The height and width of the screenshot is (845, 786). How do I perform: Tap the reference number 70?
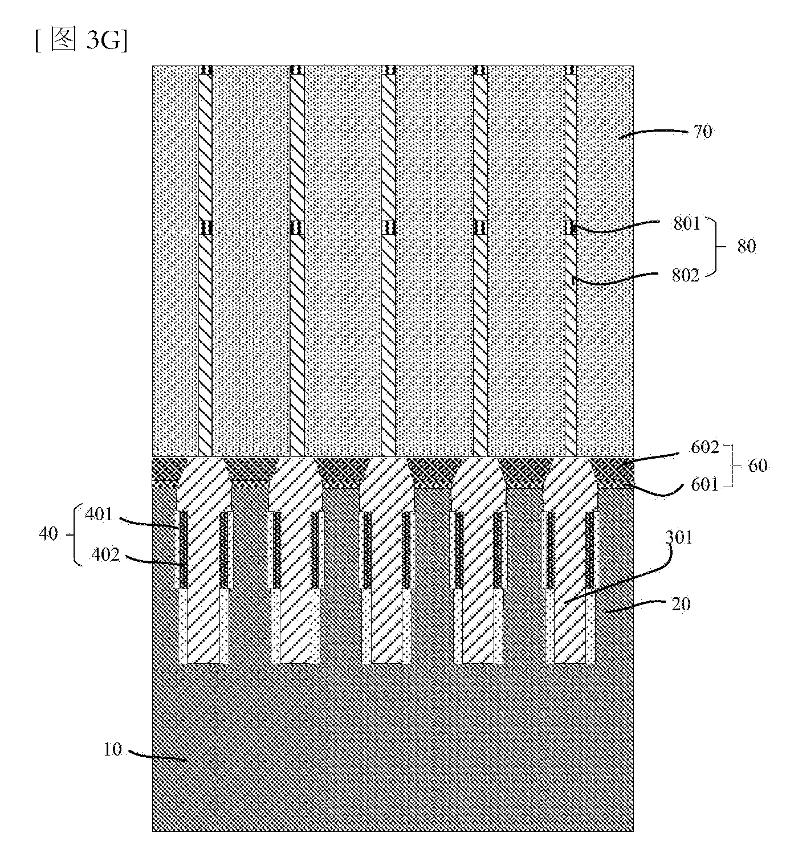coord(702,132)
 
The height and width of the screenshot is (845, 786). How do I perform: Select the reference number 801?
coord(686,224)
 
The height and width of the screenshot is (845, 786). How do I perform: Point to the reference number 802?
coord(686,276)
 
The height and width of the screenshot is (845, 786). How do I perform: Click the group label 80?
coord(747,247)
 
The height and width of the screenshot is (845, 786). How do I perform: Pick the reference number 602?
coord(704,447)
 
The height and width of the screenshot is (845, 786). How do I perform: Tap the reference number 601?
coord(704,485)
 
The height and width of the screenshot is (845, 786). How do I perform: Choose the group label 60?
coord(758,466)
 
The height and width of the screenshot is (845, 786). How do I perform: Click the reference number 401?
coord(99,515)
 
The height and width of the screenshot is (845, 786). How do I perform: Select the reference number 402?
coord(105,554)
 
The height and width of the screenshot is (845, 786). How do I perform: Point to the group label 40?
coord(48,533)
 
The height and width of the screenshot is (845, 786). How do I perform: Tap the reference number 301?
coord(679,538)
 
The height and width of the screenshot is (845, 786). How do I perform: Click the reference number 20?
coord(681,604)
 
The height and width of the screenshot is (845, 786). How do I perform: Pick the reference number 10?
coord(112,750)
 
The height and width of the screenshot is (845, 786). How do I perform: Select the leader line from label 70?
coord(653,133)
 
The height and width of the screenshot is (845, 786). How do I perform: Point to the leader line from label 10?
coord(157,755)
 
